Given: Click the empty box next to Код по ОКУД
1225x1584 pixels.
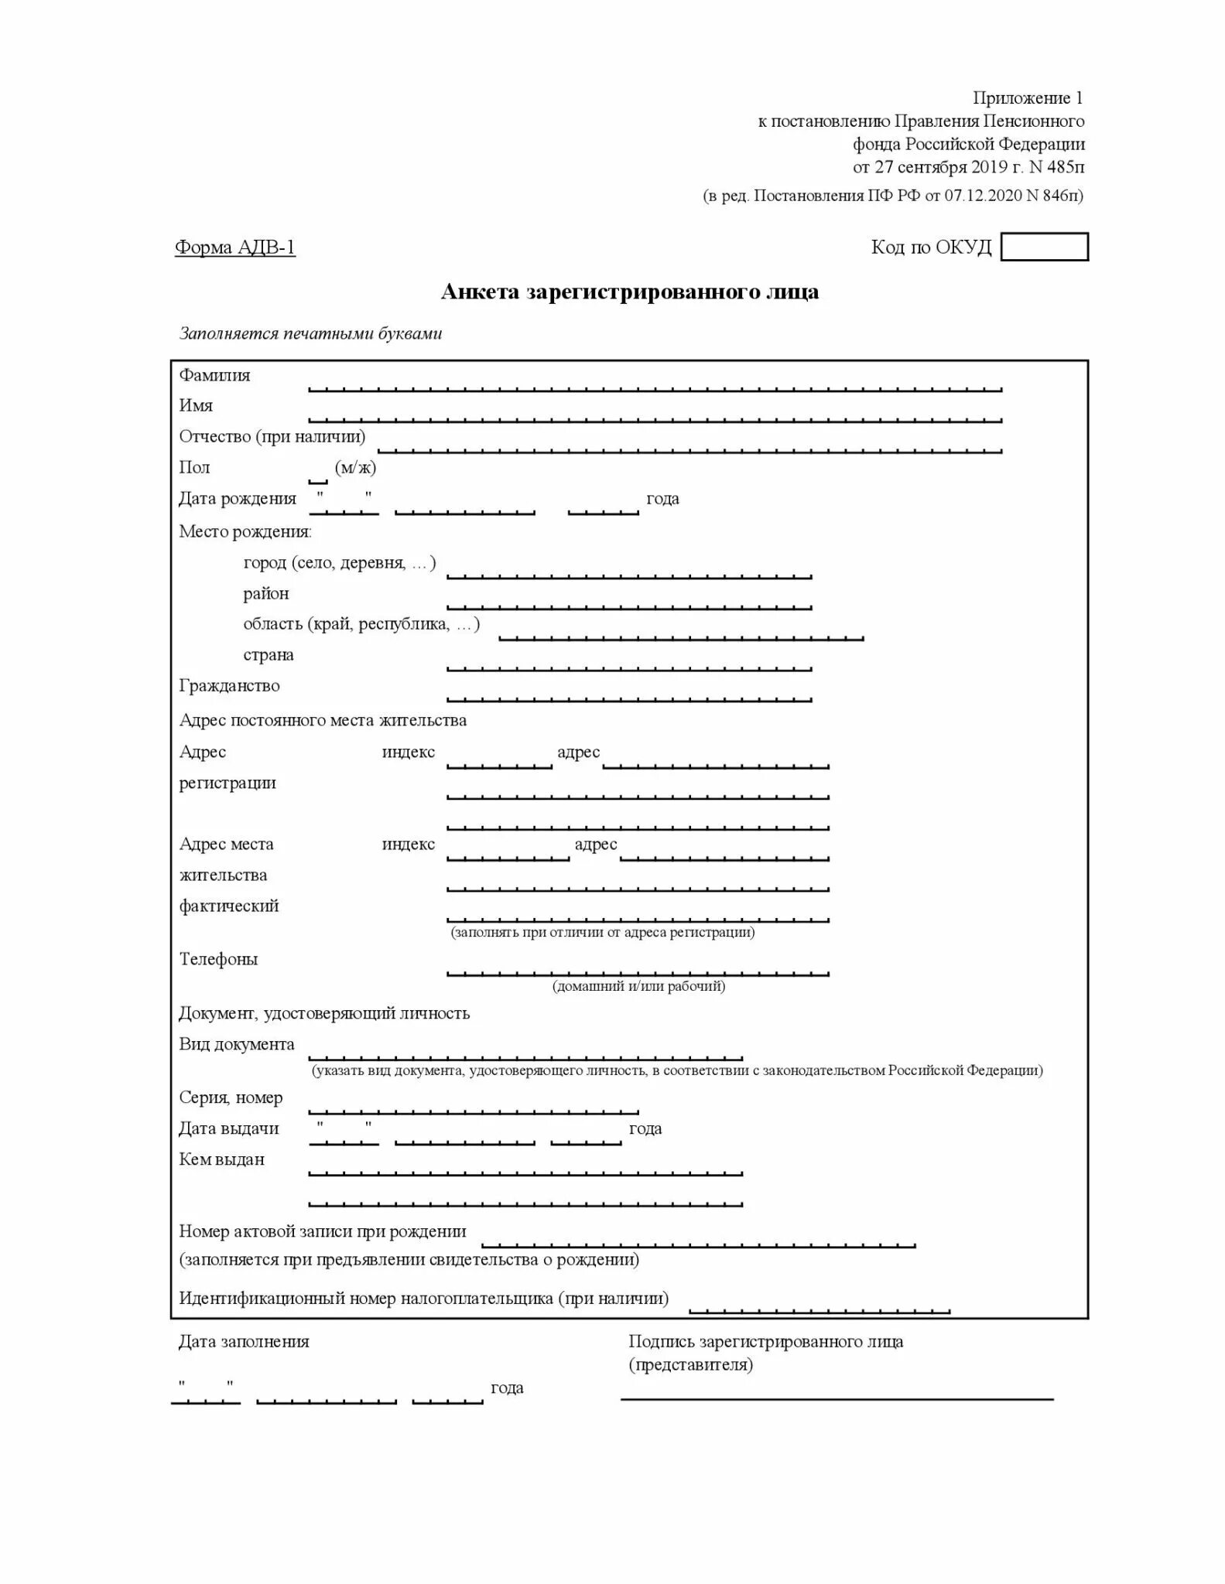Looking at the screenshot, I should pos(1044,247).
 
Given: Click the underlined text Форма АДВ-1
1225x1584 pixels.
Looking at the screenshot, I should pos(235,247).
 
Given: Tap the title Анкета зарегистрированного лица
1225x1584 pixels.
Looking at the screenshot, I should pos(629,292).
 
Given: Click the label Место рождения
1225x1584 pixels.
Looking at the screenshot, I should pos(245,532).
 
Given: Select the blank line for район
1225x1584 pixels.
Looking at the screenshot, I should pos(629,605).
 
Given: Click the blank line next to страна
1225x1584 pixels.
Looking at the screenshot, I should pos(629,666).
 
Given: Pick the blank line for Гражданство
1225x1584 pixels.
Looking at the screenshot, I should pos(629,697).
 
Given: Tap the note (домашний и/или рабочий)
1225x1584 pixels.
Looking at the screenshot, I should pos(638,986).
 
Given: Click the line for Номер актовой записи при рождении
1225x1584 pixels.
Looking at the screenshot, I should pos(699,1243).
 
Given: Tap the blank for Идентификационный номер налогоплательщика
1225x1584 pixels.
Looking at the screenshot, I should pos(819,1309).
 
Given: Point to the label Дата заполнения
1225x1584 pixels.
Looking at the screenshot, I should pos(244,1342).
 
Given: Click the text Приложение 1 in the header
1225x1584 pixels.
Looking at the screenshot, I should pos(1028,98).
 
